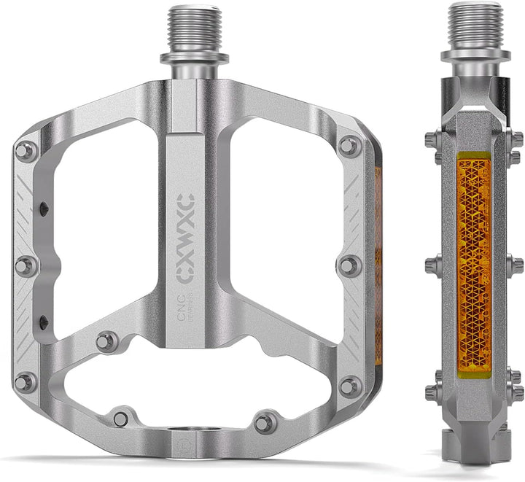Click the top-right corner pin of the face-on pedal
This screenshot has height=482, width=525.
[350, 146]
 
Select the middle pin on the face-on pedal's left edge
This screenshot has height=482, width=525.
[26, 265]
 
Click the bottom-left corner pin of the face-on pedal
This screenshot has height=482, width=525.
[26, 381]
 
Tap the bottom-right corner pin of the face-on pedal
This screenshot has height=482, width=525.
[351, 385]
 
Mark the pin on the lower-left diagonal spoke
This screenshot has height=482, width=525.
[108, 341]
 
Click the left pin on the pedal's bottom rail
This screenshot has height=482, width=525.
[121, 419]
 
